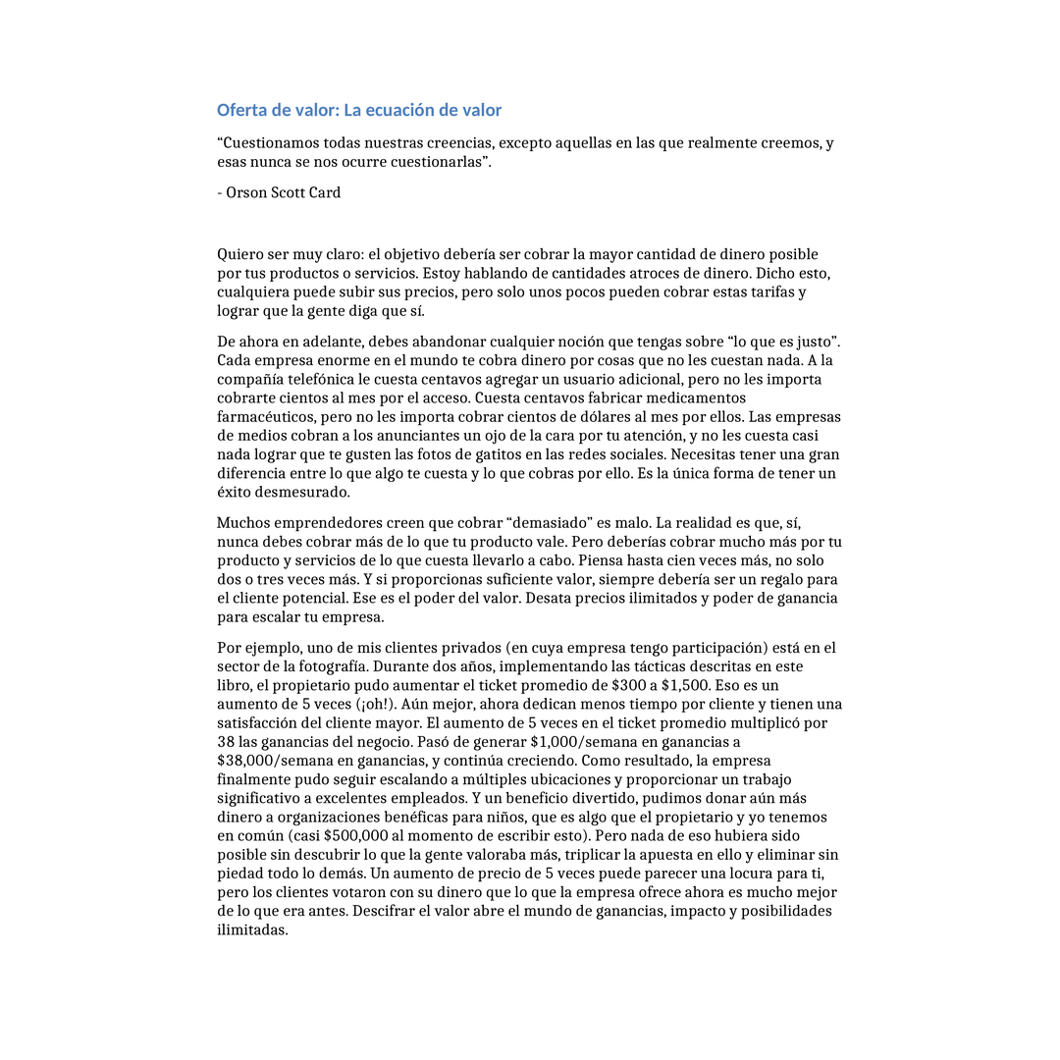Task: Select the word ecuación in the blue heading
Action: tap(403, 110)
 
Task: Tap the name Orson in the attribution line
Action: tap(246, 192)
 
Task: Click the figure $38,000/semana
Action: tap(267, 761)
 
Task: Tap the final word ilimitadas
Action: tap(251, 929)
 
